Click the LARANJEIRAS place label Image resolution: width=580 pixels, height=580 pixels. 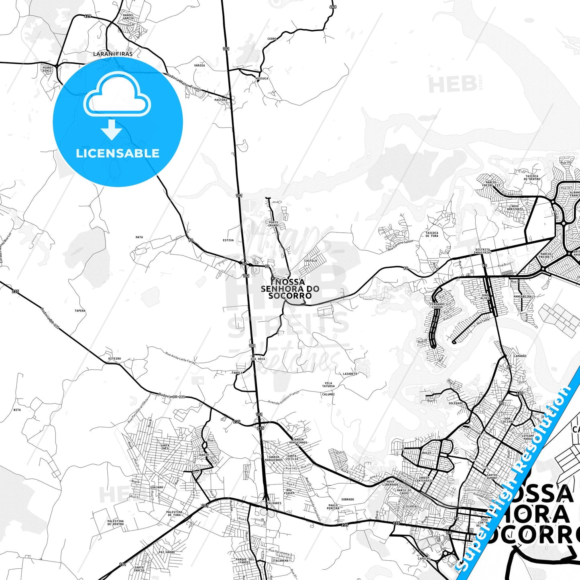[x=113, y=53]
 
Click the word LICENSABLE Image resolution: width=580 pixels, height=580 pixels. [x=118, y=153]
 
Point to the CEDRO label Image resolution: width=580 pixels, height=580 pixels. [x=272, y=39]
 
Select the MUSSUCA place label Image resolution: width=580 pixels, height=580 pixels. [x=262, y=78]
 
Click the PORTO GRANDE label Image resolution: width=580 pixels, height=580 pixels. [x=273, y=224]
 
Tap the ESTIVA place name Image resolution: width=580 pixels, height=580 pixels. [x=228, y=240]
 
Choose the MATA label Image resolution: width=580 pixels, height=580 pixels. [x=139, y=237]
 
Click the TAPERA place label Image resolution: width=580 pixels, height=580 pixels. [x=80, y=311]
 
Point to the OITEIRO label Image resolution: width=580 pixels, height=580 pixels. [x=114, y=358]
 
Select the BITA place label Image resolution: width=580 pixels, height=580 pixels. [x=17, y=410]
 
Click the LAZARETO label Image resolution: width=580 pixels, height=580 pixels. [x=350, y=374]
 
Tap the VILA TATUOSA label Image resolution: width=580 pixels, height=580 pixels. [x=328, y=385]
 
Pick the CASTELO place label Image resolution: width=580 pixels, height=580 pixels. [x=311, y=260]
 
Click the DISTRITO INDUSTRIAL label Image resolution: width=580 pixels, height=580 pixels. [x=482, y=251]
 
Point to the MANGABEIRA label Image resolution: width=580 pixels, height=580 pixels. [x=523, y=297]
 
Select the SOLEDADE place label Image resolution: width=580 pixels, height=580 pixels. [x=456, y=403]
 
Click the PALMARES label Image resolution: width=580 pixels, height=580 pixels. [x=274, y=503]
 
